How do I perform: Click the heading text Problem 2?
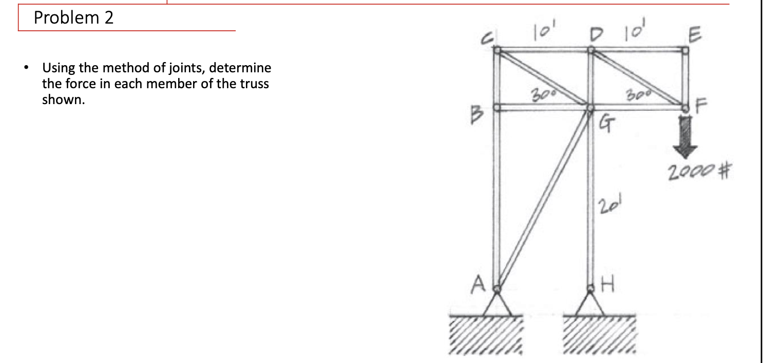click(x=73, y=18)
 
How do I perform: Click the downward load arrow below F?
click(x=685, y=136)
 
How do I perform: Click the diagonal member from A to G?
click(x=543, y=200)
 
